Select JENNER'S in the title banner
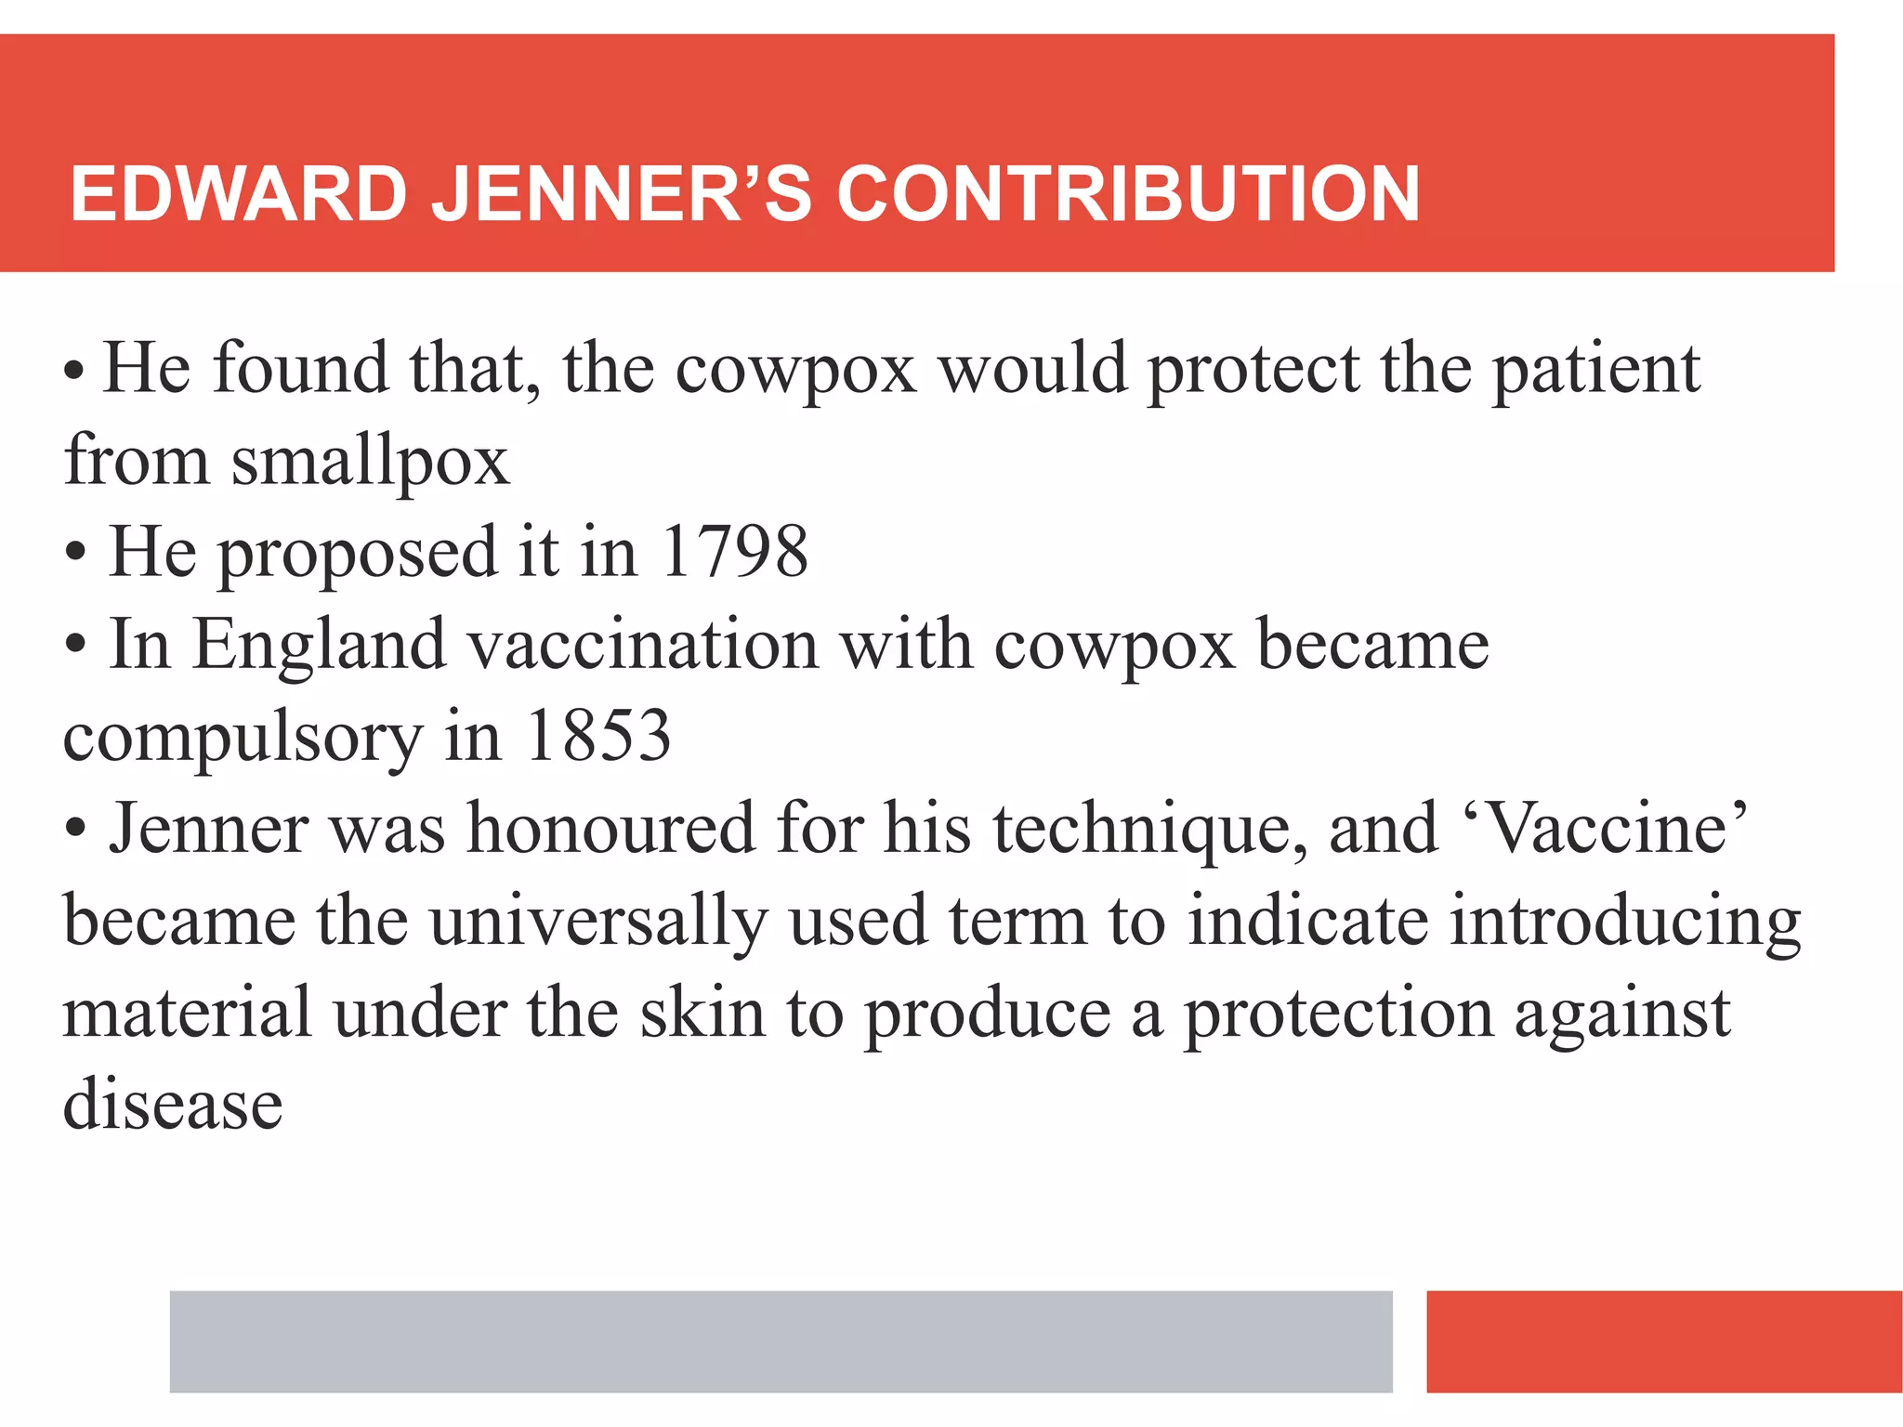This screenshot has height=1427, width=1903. pyautogui.click(x=622, y=194)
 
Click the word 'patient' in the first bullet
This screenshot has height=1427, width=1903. pyautogui.click(x=1596, y=371)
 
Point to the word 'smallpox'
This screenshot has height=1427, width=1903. pyautogui.click(x=370, y=462)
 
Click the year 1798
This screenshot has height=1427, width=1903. pyautogui.click(x=734, y=552)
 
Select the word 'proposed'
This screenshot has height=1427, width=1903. pyautogui.click(x=358, y=555)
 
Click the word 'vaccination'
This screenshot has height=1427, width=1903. pyautogui.click(x=643, y=644)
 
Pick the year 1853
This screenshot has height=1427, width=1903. pyautogui.click(x=597, y=736)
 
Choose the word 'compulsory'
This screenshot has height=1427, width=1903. pyautogui.click(x=243, y=739)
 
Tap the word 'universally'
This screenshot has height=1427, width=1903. pyautogui.click(x=598, y=922)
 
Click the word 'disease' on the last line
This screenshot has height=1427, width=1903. pyautogui.click(x=173, y=1105)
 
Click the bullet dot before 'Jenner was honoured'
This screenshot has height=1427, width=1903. pyautogui.click(x=76, y=827)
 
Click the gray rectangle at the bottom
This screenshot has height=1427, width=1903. pyautogui.click(x=781, y=1341)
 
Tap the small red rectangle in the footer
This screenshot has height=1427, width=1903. pyautogui.click(x=1663, y=1341)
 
